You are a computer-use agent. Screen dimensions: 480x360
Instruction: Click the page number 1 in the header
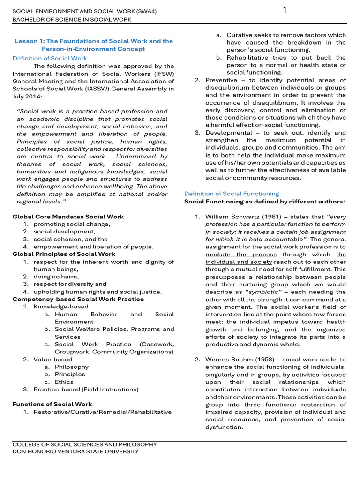(284, 10)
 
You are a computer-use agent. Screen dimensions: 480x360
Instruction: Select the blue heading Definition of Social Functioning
(231, 194)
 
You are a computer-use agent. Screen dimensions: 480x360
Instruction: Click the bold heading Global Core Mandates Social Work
(68, 217)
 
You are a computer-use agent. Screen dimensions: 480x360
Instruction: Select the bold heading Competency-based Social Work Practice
(78, 299)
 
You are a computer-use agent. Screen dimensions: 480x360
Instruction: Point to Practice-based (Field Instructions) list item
(86, 389)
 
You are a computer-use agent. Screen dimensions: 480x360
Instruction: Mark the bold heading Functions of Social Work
(52, 404)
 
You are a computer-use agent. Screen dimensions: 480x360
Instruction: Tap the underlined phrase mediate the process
(240, 255)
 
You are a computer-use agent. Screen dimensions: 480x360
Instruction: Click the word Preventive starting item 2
(221, 80)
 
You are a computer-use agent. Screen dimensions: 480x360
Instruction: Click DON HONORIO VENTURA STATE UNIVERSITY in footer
(75, 451)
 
